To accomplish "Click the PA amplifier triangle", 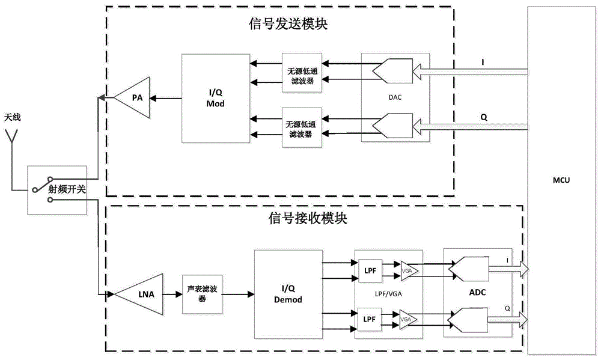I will coord(133,98).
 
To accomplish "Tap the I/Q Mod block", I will coord(214,98).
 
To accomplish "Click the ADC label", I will coord(477,293).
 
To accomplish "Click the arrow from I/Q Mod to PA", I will coord(166,98).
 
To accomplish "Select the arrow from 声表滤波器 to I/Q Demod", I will coord(239,294).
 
